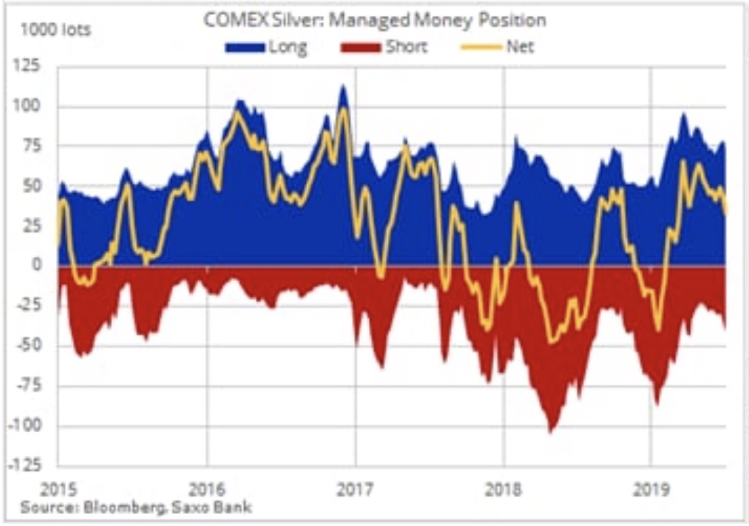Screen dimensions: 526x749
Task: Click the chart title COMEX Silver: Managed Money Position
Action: pyautogui.click(x=374, y=20)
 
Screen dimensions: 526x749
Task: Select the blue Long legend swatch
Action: pyautogui.click(x=246, y=47)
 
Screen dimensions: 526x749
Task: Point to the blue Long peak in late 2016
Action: pyautogui.click(x=342, y=87)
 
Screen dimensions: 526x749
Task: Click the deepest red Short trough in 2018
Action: pyautogui.click(x=551, y=432)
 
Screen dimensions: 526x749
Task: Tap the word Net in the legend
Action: pyautogui.click(x=519, y=47)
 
